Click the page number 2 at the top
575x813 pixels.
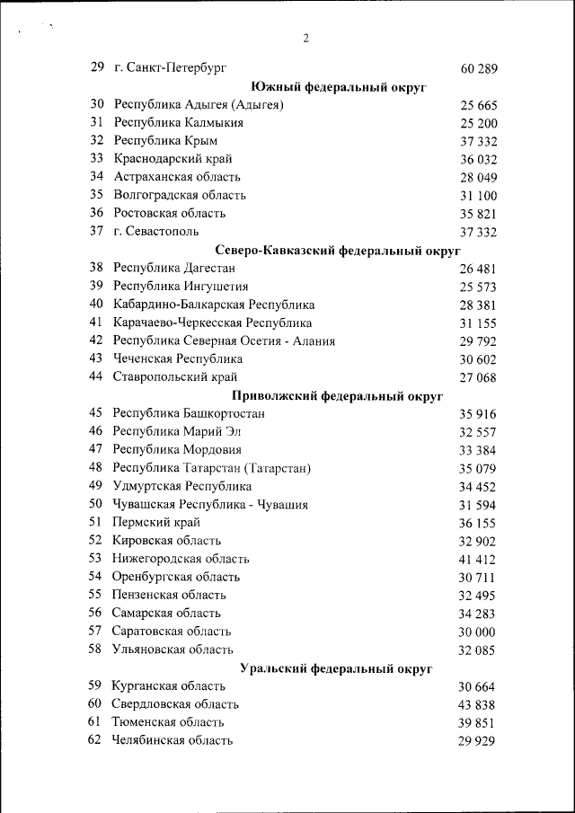[x=305, y=38]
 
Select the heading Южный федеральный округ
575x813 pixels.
[x=338, y=87]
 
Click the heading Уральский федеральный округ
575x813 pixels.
[x=338, y=668]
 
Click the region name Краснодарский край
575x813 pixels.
[x=168, y=159]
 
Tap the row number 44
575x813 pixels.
[x=97, y=376]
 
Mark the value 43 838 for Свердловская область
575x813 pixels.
[x=478, y=705]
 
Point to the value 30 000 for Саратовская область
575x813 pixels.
[x=478, y=632]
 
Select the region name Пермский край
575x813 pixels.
[x=156, y=522]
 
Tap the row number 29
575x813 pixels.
[x=97, y=67]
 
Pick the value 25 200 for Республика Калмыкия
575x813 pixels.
[x=478, y=123]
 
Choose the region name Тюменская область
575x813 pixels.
[x=168, y=722]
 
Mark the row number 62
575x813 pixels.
[x=95, y=740]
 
